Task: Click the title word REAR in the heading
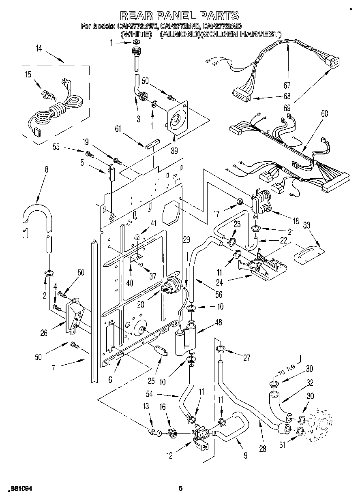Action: [140, 16]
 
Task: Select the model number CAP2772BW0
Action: [138, 26]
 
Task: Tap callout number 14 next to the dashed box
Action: [39, 49]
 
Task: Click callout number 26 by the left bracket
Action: [44, 333]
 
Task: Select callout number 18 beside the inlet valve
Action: [296, 221]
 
